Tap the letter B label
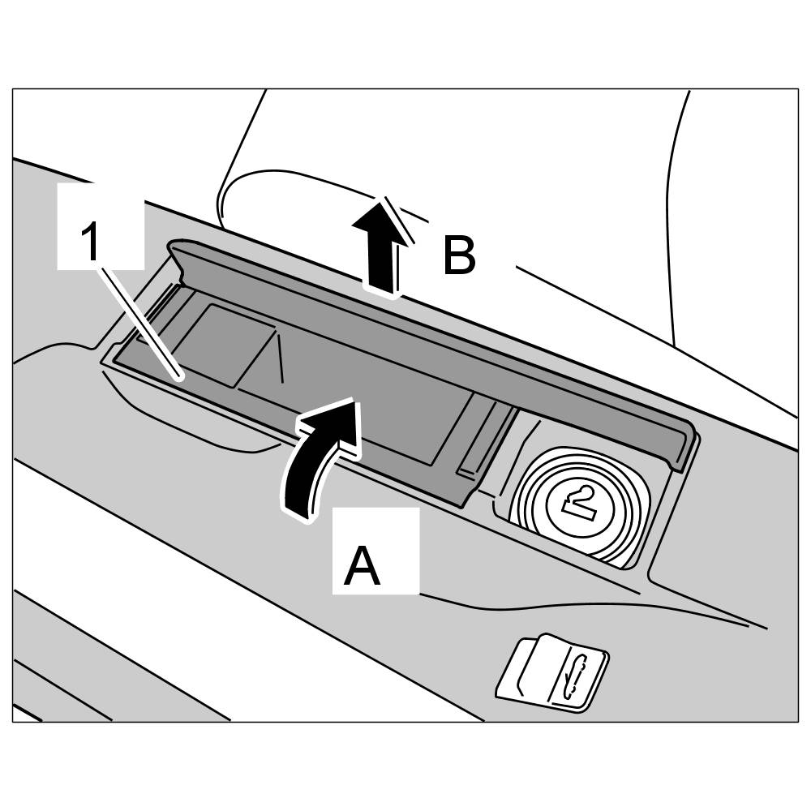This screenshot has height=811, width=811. click(459, 256)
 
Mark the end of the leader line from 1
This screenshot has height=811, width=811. click(180, 375)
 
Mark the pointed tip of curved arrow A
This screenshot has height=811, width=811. click(352, 401)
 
